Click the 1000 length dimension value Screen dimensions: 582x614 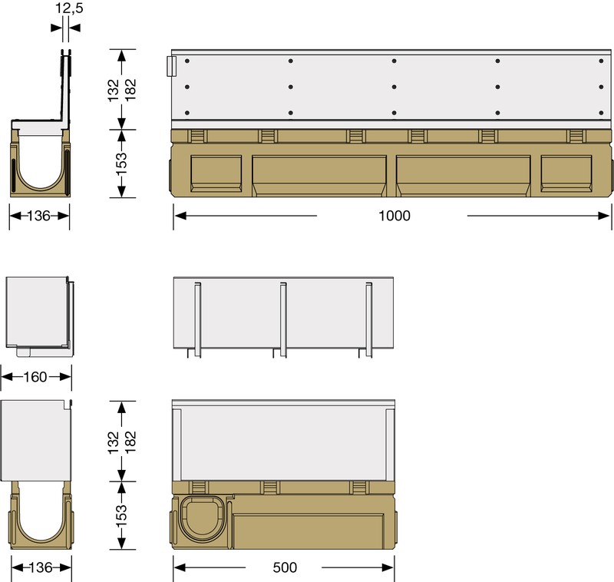click(x=394, y=216)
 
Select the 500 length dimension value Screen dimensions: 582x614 click(x=284, y=568)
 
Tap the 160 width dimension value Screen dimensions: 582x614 click(x=35, y=376)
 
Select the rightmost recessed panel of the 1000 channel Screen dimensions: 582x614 click(x=566, y=173)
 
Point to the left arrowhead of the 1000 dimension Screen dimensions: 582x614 click(x=179, y=216)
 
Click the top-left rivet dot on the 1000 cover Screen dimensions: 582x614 click(x=187, y=61)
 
